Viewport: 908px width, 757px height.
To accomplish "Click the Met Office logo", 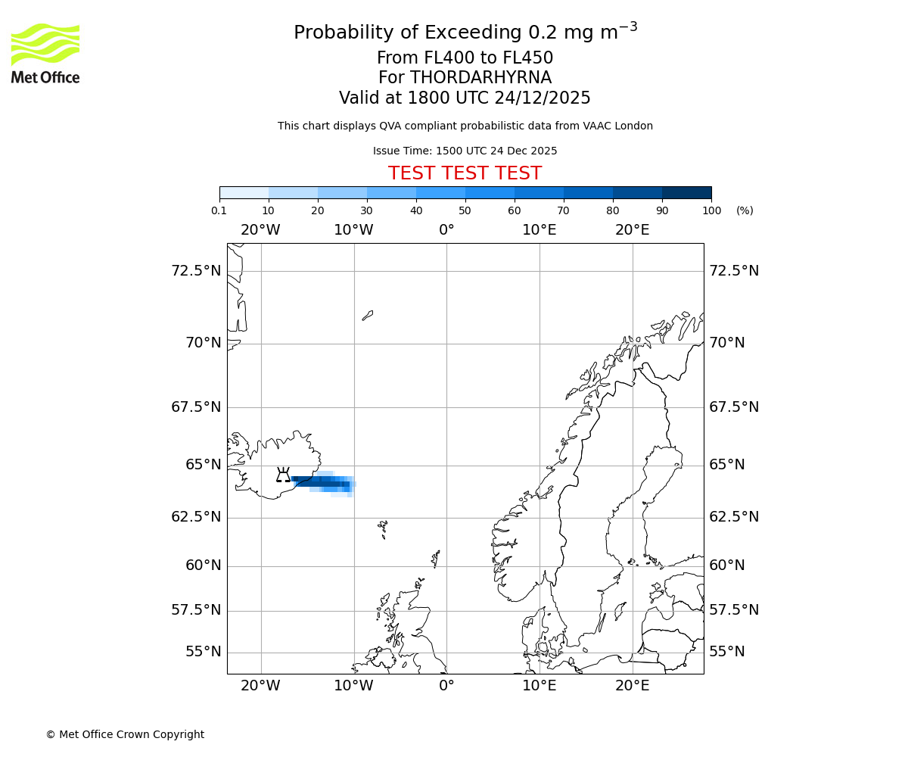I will (x=45, y=53).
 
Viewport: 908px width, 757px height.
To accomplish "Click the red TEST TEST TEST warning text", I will (x=465, y=173).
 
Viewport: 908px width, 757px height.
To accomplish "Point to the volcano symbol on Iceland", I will (x=283, y=475).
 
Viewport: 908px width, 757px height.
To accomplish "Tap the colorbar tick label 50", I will (x=465, y=210).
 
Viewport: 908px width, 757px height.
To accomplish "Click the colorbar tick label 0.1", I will (x=219, y=210).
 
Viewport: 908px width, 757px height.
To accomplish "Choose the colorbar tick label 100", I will (x=711, y=210).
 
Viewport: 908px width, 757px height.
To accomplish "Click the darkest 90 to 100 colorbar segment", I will (x=686, y=192).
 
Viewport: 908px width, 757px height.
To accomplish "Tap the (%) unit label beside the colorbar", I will (x=745, y=210).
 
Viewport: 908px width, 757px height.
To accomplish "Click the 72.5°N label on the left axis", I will (x=196, y=270).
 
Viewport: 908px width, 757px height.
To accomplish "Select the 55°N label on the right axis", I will (x=727, y=652).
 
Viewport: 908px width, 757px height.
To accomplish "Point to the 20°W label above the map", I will (x=260, y=229).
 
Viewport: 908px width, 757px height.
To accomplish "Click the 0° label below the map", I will (x=446, y=686).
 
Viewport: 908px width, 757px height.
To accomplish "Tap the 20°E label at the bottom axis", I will (x=632, y=686).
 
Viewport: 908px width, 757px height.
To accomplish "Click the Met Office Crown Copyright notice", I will (x=125, y=734).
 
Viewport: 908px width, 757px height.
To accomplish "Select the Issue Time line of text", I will (x=465, y=151).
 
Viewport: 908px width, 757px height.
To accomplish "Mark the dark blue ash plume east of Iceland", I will (x=322, y=482).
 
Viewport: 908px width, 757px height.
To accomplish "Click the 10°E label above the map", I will (x=540, y=229).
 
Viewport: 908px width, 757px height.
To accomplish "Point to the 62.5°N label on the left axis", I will (x=196, y=517).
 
